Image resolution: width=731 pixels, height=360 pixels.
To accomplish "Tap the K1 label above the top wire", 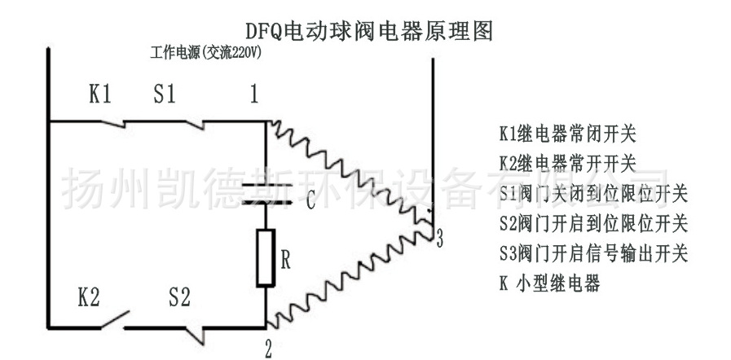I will [99, 94].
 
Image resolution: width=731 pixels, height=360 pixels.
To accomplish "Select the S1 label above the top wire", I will [165, 94].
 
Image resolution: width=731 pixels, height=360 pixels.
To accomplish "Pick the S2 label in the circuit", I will [179, 298].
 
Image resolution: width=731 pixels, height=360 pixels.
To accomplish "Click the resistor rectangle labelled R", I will [266, 258].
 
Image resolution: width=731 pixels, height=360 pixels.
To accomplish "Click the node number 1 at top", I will [253, 95].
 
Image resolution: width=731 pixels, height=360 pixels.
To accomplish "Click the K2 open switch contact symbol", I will [114, 319].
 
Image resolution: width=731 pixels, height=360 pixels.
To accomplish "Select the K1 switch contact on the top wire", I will [112, 124].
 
